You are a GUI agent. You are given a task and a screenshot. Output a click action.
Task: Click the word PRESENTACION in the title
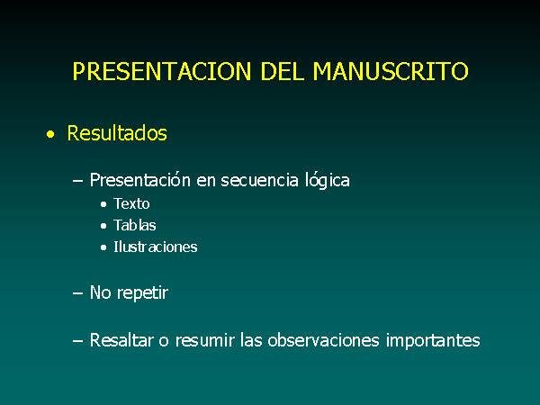162,71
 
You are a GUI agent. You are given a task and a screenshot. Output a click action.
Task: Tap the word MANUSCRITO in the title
391,71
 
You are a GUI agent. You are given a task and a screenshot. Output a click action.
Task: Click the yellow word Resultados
117,133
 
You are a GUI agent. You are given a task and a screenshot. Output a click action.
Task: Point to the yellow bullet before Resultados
50,134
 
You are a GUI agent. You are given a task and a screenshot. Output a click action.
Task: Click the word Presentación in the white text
140,180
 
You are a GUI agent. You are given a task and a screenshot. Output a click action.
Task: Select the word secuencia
259,181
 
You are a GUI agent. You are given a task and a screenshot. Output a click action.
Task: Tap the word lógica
328,181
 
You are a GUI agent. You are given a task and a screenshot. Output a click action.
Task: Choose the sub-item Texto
131,204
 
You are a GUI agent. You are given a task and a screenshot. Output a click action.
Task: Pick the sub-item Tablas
135,226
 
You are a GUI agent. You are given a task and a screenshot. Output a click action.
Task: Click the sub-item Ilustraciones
156,247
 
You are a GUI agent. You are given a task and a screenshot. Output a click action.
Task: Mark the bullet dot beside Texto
103,204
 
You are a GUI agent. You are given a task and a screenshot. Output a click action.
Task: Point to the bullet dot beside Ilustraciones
103,247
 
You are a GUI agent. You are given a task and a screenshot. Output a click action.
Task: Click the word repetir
142,293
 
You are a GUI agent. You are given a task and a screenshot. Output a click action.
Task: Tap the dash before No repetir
77,293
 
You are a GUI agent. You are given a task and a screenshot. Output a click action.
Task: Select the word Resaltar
121,340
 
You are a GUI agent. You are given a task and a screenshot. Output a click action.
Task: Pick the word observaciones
323,340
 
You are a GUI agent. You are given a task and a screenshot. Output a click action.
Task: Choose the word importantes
433,341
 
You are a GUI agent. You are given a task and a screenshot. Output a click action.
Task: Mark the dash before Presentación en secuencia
77,181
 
